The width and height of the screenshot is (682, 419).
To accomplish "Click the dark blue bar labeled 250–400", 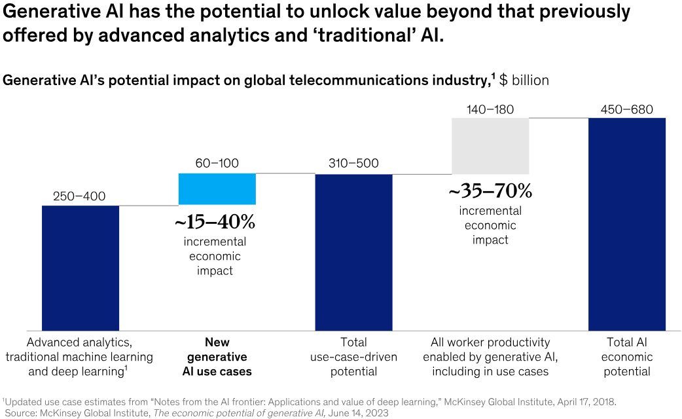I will (x=81, y=268).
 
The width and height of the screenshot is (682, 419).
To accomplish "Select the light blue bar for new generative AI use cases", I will (x=217, y=189).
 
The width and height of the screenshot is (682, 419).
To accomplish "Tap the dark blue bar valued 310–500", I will (x=353, y=252).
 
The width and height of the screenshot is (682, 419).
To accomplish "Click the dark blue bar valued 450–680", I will (x=626, y=224).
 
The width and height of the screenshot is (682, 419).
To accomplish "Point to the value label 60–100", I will (x=217, y=163).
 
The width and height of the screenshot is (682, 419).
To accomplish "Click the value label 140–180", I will (x=490, y=109).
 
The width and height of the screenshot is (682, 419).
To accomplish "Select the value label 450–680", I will (x=626, y=109).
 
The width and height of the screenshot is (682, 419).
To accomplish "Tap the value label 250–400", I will (x=81, y=196).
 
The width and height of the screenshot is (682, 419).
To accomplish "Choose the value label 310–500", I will (x=353, y=164).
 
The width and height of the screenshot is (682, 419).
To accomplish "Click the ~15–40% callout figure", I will (x=215, y=223).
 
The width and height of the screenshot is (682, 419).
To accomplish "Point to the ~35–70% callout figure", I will (x=490, y=192).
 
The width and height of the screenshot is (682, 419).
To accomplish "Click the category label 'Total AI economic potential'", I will (x=626, y=357).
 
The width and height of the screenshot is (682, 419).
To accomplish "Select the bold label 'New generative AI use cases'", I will (x=217, y=357).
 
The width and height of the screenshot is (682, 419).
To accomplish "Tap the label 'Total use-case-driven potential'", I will (x=353, y=357).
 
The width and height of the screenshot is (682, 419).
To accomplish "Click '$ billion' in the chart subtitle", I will (x=524, y=81).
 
